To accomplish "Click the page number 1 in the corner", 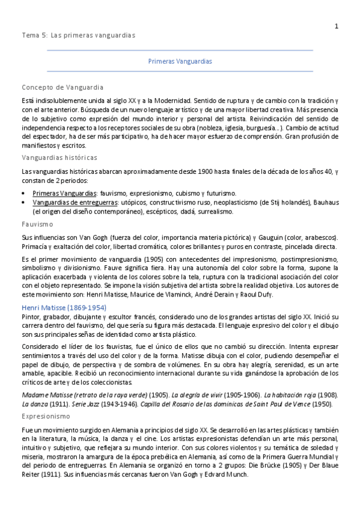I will (337, 25).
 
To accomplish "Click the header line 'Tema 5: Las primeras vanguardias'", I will (78, 35).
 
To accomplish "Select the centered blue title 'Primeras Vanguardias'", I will (180, 61).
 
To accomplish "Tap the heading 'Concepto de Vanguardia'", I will (63, 87).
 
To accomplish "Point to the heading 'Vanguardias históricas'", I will (59, 158).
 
